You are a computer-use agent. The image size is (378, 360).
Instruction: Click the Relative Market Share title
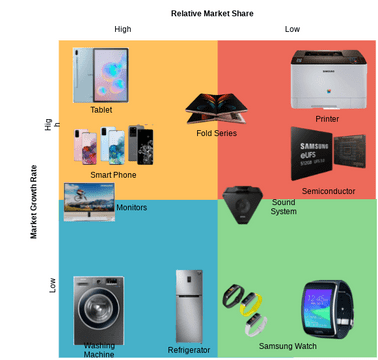pos(211,13)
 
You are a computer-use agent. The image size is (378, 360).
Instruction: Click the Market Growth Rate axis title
pos(33,201)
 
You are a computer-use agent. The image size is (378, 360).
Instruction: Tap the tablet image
pos(102,75)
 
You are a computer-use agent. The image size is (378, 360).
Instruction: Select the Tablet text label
pos(101,110)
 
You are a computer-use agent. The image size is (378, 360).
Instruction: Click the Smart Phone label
pos(113,175)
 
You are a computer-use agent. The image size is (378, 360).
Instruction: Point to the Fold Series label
pos(216,133)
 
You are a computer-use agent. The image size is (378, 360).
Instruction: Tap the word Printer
pos(327,119)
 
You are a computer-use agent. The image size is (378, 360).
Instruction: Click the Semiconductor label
pos(328,191)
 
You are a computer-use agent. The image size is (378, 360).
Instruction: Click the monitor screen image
pos(88,200)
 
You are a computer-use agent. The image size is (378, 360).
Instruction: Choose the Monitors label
pos(131,207)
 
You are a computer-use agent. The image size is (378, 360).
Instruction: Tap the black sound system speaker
pos(240,206)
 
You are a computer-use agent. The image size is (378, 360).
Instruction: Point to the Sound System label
pos(284,207)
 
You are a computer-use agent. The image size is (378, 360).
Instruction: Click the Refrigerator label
pos(189,350)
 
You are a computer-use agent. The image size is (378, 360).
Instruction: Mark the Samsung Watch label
pos(287,346)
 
